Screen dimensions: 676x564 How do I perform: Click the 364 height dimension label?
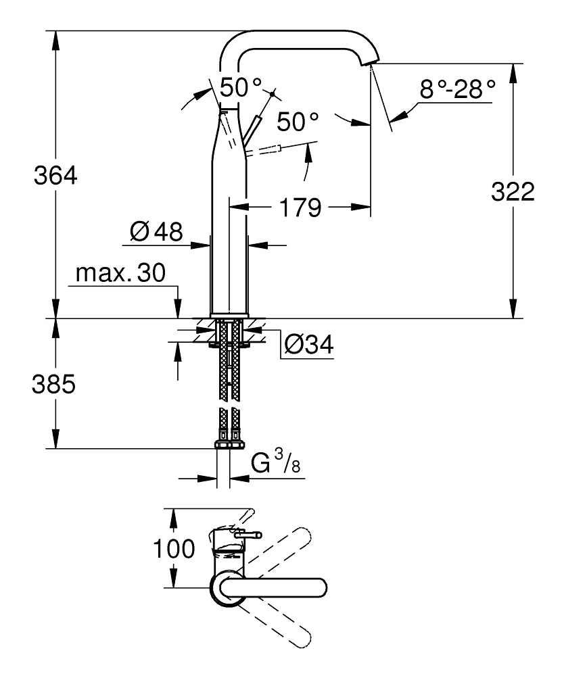pyautogui.click(x=56, y=177)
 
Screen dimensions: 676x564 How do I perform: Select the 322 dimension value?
pyautogui.click(x=513, y=192)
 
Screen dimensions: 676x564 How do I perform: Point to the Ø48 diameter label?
pyautogui.click(x=156, y=233)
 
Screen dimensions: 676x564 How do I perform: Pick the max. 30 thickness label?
pyautogui.click(x=120, y=273)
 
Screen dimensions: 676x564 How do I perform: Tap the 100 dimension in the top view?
pyautogui.click(x=175, y=548)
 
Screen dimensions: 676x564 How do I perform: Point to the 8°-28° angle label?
pyautogui.click(x=457, y=89)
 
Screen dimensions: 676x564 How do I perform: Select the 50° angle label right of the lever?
pyautogui.click(x=297, y=122)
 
